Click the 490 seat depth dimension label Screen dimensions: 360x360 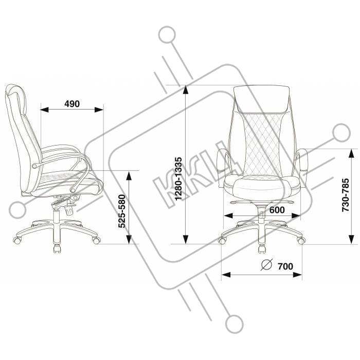[72, 103]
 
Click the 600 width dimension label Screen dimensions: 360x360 [277, 210]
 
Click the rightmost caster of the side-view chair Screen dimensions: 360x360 [96, 240]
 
